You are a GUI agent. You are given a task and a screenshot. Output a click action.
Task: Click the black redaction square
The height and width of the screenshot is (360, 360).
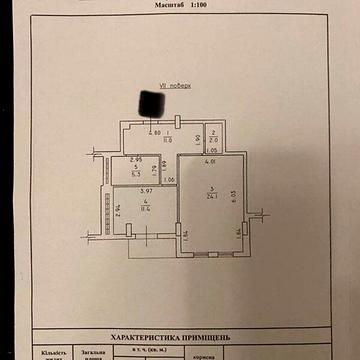[151, 100]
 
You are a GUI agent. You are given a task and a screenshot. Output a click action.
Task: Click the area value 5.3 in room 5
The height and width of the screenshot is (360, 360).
[136, 171]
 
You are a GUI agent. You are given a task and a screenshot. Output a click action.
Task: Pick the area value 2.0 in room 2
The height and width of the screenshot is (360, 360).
[213, 140]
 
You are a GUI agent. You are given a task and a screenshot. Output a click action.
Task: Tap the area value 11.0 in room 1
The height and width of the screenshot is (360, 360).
[154, 140]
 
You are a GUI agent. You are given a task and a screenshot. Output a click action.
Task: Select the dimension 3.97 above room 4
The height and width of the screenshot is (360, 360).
[145, 191]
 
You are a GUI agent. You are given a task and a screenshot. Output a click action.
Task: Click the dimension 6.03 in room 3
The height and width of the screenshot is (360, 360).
[236, 196]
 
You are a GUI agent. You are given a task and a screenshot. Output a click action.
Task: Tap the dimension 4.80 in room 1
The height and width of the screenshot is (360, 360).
[154, 133]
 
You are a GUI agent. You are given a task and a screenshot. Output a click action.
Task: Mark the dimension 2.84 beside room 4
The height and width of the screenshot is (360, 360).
[118, 210]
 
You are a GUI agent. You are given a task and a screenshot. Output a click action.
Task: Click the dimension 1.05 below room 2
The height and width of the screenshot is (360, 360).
[211, 151]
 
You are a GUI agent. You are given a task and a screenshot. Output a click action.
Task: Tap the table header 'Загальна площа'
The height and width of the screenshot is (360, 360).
[95, 353]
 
